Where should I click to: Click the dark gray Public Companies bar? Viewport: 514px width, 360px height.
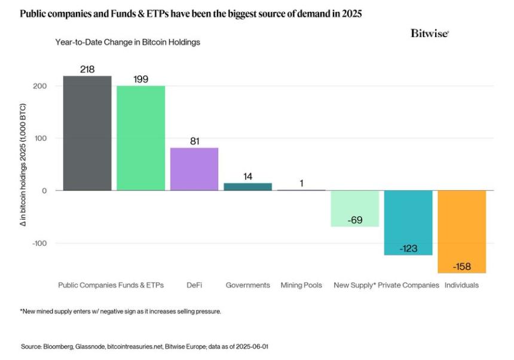[x=87, y=133]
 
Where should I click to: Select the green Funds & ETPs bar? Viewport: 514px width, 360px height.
[x=140, y=138]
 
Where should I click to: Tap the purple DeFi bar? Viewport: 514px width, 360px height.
[x=194, y=169]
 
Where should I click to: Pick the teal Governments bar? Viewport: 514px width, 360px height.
[x=247, y=187]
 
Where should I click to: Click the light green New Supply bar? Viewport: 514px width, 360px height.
[x=356, y=208]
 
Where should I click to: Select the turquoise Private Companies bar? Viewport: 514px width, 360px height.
[x=408, y=222]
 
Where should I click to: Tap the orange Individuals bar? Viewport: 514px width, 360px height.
[x=462, y=231]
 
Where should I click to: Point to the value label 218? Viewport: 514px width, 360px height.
[x=87, y=69]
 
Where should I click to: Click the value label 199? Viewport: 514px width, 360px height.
[x=140, y=79]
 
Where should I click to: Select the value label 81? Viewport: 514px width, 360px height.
[x=194, y=141]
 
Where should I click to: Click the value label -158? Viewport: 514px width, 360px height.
[x=462, y=266]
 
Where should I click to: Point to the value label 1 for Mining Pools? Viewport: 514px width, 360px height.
[x=301, y=183]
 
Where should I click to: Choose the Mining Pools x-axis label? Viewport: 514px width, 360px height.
[x=301, y=285]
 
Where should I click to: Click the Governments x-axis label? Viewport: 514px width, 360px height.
[x=247, y=285]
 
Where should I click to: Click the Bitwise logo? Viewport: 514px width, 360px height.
[x=429, y=33]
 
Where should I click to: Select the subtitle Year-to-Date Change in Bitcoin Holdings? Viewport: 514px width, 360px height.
[x=127, y=42]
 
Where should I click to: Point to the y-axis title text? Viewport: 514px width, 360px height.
[x=25, y=180]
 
